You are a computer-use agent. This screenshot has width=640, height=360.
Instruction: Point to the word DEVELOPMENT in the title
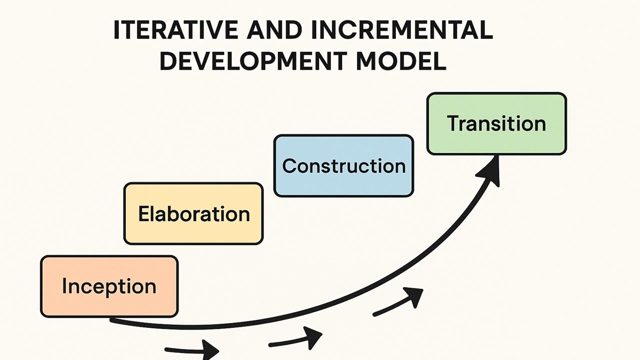tap(252, 61)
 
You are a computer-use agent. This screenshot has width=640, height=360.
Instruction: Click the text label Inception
tap(109, 286)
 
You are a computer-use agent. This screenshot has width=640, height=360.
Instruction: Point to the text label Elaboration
tap(193, 214)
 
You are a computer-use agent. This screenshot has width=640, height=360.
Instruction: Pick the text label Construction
tap(344, 166)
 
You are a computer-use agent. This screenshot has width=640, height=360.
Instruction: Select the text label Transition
tap(496, 123)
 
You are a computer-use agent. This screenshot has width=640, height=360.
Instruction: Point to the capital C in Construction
tap(289, 166)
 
